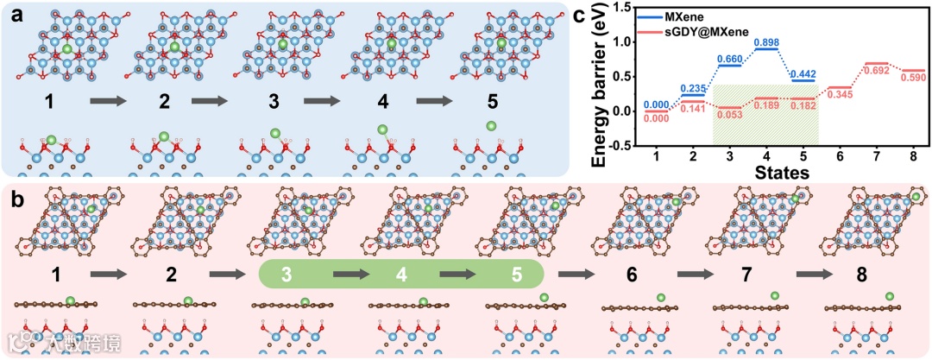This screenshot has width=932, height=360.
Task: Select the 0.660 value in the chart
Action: [x=729, y=59]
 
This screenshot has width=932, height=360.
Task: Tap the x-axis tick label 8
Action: [x=914, y=155]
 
